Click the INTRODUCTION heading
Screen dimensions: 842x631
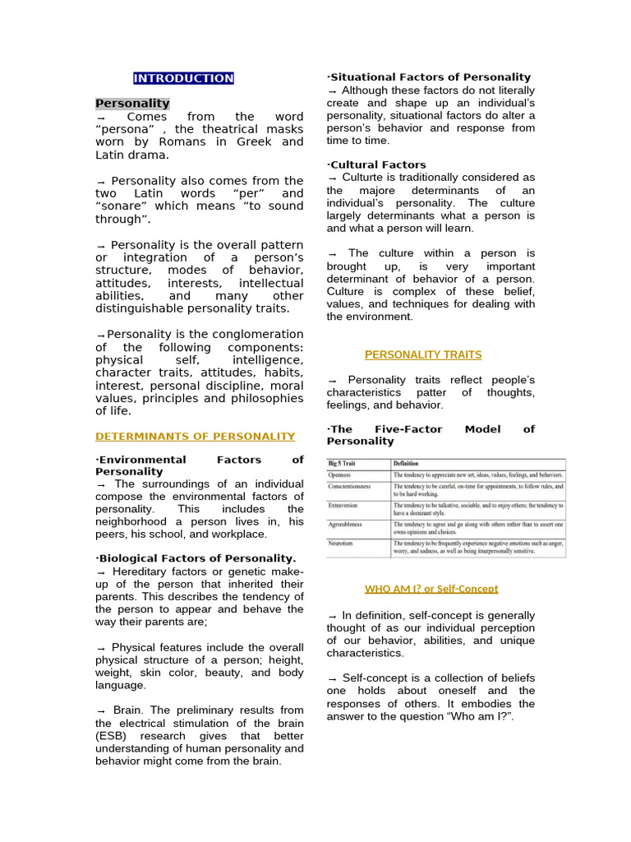click(183, 79)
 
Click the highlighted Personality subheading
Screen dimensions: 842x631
click(132, 104)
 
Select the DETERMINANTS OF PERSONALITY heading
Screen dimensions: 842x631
click(195, 437)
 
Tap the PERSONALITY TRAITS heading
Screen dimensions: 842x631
click(423, 355)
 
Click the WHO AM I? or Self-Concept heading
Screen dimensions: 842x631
click(431, 589)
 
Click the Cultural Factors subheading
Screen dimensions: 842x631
click(377, 165)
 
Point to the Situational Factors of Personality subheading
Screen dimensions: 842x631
click(430, 77)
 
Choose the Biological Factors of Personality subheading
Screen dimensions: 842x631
click(196, 559)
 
